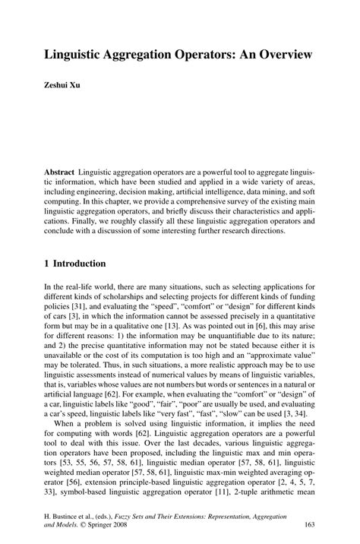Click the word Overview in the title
click(x=275, y=55)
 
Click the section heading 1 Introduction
click(x=75, y=264)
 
